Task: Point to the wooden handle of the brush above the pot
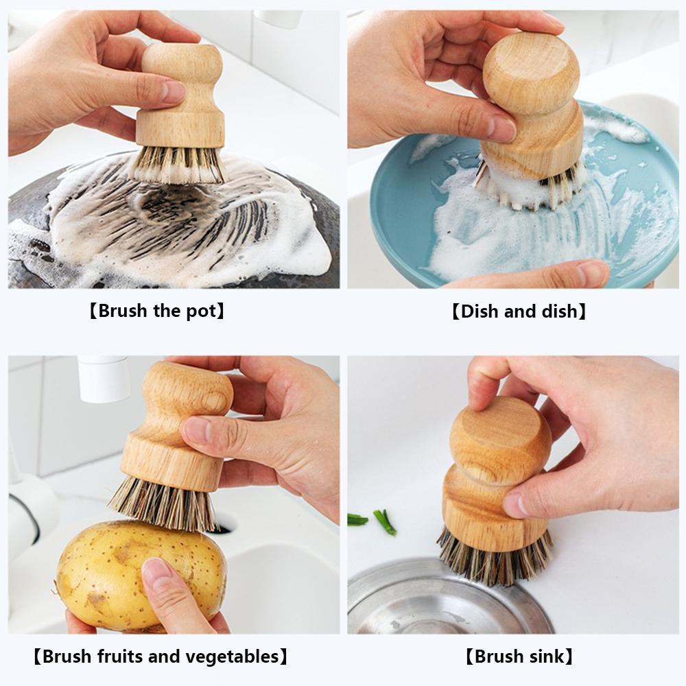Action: (182, 103)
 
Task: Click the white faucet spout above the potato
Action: (103, 377)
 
